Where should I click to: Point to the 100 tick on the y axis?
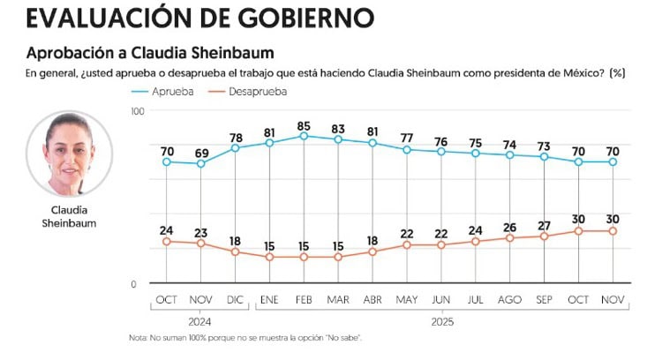click(x=137, y=110)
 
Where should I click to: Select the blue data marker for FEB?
click(x=304, y=136)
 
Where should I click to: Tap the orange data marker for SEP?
click(x=545, y=236)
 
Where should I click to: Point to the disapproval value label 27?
click(x=545, y=223)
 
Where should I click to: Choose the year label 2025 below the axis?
click(x=443, y=322)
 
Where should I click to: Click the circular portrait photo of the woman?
click(x=69, y=154)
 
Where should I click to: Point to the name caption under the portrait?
click(x=69, y=217)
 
